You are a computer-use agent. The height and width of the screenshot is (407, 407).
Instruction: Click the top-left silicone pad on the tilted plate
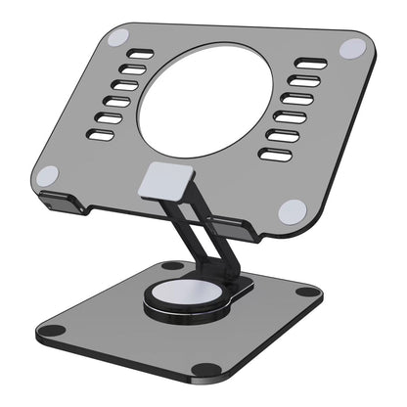click(116, 38)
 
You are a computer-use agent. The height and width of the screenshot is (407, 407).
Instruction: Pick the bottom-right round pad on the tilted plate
click(292, 210)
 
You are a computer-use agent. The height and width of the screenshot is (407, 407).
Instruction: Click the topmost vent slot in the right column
click(312, 65)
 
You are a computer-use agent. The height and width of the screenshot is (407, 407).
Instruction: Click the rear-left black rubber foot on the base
click(173, 265)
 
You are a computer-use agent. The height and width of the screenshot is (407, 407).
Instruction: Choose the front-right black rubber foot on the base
click(206, 368)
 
